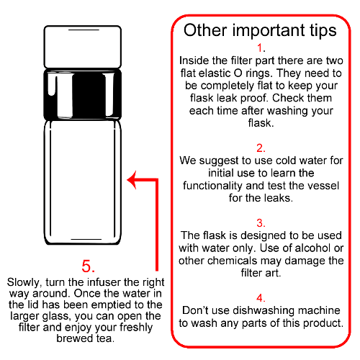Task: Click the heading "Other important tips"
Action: click(x=260, y=30)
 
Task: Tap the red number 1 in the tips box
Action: click(x=260, y=48)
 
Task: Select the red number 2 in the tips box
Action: click(x=260, y=148)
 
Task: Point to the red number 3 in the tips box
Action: click(x=260, y=222)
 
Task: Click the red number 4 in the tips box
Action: click(x=260, y=298)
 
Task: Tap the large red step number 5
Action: click(x=86, y=266)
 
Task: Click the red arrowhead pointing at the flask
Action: click(x=132, y=180)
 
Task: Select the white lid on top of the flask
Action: click(x=83, y=47)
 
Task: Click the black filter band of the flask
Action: click(x=83, y=94)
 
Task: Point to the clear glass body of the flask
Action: click(x=83, y=182)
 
